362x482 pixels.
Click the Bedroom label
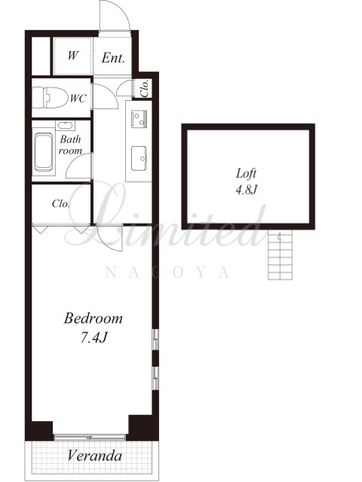point(94,318)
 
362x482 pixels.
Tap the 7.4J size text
point(94,338)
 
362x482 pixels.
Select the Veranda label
point(94,456)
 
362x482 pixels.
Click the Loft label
point(246,174)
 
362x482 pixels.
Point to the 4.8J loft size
point(246,190)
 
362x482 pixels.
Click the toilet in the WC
point(51,97)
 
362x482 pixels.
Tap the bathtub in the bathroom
point(44,151)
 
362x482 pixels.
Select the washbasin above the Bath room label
point(66,126)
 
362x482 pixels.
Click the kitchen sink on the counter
point(139,158)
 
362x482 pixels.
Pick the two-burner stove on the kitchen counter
point(139,119)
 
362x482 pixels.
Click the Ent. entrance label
point(113,58)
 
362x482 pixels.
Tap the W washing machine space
point(72,56)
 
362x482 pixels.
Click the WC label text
point(78,99)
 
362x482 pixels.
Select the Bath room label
point(70,145)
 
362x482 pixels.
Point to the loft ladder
point(280,255)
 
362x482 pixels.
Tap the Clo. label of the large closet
point(60,203)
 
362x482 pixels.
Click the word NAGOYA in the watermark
point(167,273)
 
